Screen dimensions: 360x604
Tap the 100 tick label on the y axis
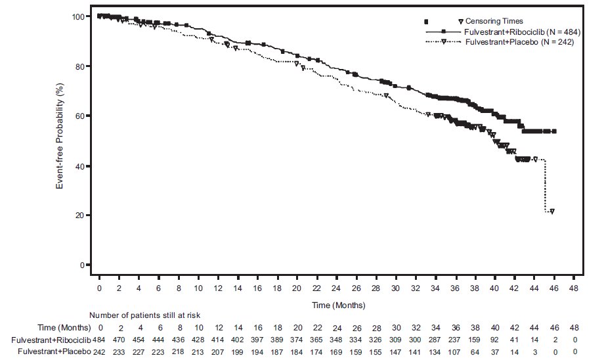click(78, 16)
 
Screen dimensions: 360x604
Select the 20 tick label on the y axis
click(80, 215)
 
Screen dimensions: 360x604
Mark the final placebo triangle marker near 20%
click(552, 212)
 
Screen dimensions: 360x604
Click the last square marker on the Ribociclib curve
click(554, 131)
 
